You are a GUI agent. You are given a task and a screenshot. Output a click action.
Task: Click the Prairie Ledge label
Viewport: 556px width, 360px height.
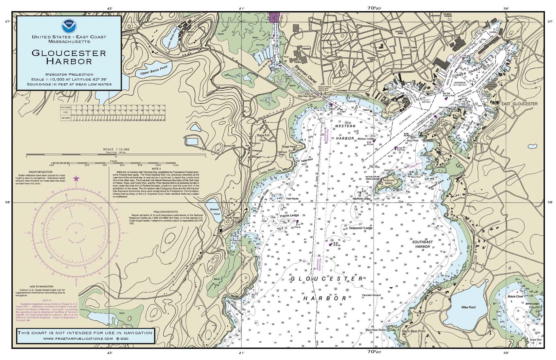point(289,216)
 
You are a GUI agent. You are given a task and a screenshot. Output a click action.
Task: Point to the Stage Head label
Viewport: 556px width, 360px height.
point(289,147)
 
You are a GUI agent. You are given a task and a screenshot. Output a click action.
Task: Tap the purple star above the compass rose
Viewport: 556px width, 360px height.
point(76,179)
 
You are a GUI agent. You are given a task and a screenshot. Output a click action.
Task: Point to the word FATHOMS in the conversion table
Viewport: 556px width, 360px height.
point(66,107)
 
